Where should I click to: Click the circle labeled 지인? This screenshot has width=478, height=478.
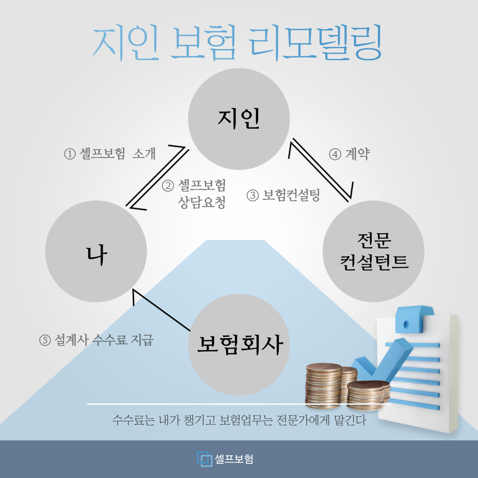(239, 119)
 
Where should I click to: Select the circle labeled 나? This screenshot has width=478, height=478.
(96, 251)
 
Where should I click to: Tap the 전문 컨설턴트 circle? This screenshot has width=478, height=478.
(374, 251)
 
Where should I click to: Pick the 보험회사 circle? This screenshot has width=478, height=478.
(239, 345)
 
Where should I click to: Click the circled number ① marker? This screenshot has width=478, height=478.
(70, 154)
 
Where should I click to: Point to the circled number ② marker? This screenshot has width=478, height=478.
(168, 185)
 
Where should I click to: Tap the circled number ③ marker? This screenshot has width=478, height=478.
(252, 195)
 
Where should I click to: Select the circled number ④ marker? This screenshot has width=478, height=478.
(335, 154)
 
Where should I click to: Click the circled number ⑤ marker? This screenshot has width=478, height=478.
(45, 340)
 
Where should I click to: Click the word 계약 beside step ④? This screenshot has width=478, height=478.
(358, 154)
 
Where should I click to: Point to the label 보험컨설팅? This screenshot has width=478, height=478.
(291, 195)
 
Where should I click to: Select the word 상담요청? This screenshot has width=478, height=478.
(202, 202)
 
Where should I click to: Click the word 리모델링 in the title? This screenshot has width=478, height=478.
(315, 42)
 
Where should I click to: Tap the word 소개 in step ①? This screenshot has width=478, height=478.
(144, 154)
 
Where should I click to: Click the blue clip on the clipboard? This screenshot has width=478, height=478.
(414, 319)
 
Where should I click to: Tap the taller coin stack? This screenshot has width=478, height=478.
(324, 385)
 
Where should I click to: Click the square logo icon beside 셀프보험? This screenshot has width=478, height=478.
(204, 459)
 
